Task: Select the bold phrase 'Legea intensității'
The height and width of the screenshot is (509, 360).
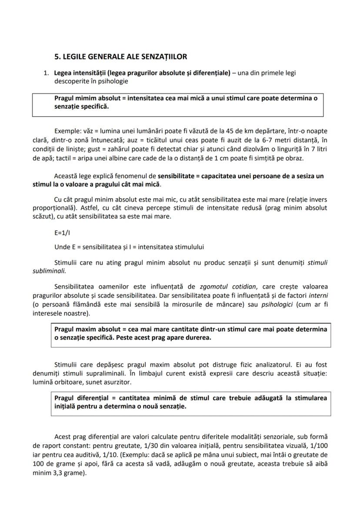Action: click(80, 73)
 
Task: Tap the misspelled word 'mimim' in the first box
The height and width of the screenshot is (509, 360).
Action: click(87, 98)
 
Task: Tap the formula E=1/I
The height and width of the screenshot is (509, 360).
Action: click(62, 233)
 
